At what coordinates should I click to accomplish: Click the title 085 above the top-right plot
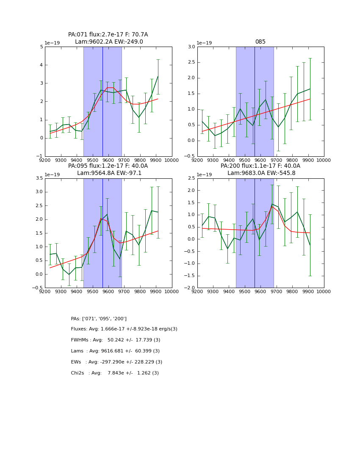pyautogui.click(x=260, y=42)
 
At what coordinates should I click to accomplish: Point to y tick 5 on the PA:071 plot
pyautogui.click(x=42, y=47)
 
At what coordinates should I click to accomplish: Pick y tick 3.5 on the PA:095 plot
pyautogui.click(x=39, y=178)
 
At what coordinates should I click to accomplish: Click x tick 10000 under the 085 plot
pyautogui.click(x=324, y=160)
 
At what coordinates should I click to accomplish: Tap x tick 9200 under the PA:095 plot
pyautogui.click(x=45, y=291)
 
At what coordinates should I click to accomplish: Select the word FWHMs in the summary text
pyautogui.click(x=80, y=340)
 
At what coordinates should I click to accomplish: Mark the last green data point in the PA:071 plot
pyautogui.click(x=158, y=76)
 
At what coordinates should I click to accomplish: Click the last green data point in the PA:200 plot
pyautogui.click(x=310, y=245)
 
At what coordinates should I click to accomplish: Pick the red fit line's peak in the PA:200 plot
pyautogui.click(x=272, y=207)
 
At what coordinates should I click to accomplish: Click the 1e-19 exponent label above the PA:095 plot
pyautogui.click(x=53, y=175)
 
